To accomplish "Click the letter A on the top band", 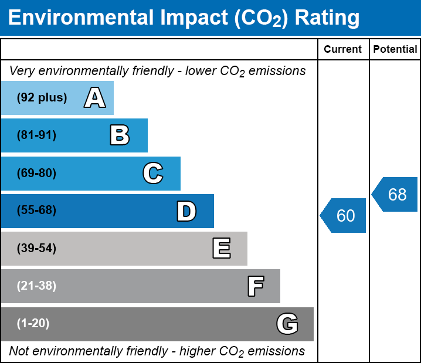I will [x=95, y=98].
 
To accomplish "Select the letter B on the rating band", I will [x=120, y=135].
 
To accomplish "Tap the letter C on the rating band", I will [x=152, y=174].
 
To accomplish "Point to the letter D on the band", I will [x=186, y=211].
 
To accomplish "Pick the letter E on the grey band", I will [x=221, y=249].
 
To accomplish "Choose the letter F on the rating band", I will [x=255, y=286].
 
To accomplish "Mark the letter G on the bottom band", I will [x=287, y=324].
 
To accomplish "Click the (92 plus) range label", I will [x=42, y=98].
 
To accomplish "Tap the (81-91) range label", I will [x=36, y=135].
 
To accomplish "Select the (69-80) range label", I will [x=36, y=174].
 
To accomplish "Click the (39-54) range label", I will [x=36, y=249].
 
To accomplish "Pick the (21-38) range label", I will [x=36, y=286].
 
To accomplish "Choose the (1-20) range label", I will [x=33, y=324].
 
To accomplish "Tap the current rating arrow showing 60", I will [x=344, y=215].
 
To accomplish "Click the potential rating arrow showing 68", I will [x=396, y=194].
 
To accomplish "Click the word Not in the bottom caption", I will [x=19, y=351].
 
